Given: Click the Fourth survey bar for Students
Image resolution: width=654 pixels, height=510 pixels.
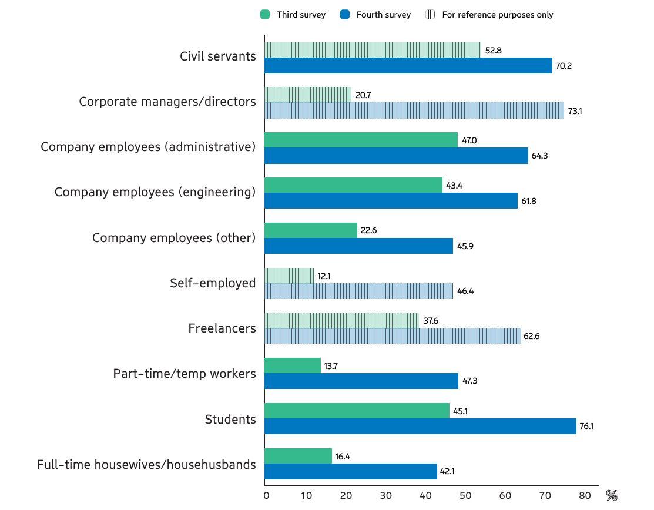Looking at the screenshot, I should click(x=420, y=426).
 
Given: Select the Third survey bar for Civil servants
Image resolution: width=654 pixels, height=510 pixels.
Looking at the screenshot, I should click(x=373, y=50).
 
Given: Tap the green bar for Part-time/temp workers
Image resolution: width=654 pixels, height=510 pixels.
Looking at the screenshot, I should click(x=293, y=365).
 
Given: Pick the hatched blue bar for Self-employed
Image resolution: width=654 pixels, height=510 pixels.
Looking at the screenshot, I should click(x=358, y=291).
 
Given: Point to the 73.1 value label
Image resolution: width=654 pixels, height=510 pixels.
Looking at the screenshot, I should click(x=574, y=111).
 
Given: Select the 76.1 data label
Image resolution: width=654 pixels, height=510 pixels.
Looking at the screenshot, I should click(x=586, y=426).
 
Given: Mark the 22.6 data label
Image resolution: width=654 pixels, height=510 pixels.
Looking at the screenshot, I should click(x=368, y=230).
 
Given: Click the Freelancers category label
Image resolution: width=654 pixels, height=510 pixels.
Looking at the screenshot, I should click(x=222, y=328).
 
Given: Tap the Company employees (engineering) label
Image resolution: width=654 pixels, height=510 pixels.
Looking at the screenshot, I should click(x=155, y=192).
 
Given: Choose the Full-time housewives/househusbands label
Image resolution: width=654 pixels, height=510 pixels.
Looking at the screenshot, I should click(x=146, y=465).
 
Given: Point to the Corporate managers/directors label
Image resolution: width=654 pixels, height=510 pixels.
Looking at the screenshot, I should click(x=167, y=102).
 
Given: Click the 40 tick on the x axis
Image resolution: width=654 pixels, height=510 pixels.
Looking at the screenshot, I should click(x=426, y=495).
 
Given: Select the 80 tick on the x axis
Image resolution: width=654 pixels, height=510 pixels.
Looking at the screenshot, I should click(x=584, y=495).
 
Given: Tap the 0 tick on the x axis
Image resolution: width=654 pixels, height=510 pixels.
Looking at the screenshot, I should click(x=267, y=495).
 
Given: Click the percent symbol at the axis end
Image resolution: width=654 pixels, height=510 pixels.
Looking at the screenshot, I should click(x=612, y=496).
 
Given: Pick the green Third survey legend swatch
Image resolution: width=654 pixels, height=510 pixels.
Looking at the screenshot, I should click(x=265, y=15).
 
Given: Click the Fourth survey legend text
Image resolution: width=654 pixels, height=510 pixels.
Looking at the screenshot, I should click(x=383, y=15).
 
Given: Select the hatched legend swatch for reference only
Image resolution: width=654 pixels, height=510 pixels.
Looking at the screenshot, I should click(x=430, y=15).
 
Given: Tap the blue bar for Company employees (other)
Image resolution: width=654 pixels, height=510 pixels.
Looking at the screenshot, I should click(x=358, y=246).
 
